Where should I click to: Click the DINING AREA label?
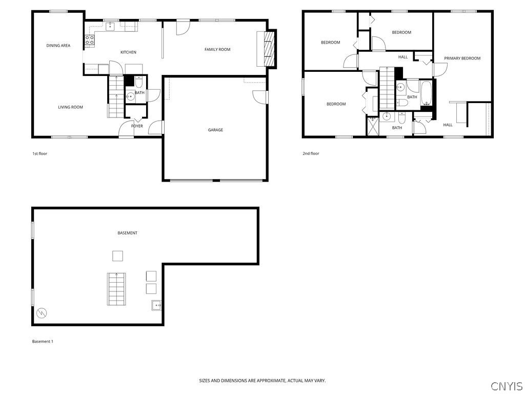pos(58,46)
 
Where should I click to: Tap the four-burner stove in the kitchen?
pos(89,41)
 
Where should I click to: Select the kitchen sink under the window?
pos(110,27)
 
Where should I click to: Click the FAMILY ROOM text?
pos(217,50)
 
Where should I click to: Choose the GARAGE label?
pos(215,130)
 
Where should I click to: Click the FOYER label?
pos(137,126)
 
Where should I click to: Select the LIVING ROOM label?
pos(70,107)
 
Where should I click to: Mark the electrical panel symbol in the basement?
pos(42,312)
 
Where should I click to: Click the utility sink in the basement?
pos(156,305)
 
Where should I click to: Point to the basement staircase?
pos(116,290)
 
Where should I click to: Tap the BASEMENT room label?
pos(127,233)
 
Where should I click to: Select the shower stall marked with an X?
pos(372,126)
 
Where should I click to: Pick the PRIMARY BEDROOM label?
pos(462,58)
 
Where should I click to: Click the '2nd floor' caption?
pos(311,153)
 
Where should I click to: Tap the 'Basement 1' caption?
pos(43,342)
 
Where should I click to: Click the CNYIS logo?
pos(506,386)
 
